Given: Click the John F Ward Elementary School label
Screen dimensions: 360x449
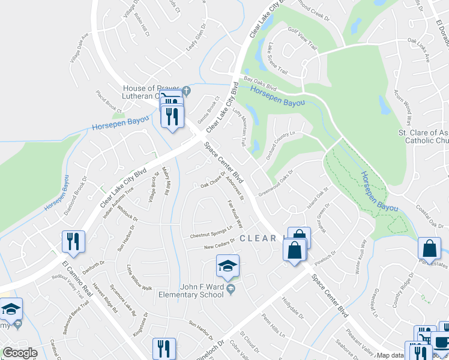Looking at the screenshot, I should pyautogui.click(x=190, y=290).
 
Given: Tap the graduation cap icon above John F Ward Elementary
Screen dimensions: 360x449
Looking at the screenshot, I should pyautogui.click(x=228, y=266).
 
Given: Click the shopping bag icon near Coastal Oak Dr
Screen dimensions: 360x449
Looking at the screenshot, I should pyautogui.click(x=430, y=248).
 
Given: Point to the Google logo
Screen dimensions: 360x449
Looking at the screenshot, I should pyautogui.click(x=20, y=353).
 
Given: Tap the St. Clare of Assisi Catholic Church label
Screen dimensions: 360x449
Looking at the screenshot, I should pyautogui.click(x=424, y=136).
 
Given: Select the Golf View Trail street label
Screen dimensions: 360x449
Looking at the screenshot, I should pyautogui.click(x=302, y=37).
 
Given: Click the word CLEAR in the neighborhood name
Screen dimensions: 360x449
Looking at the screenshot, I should pyautogui.click(x=258, y=238).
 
